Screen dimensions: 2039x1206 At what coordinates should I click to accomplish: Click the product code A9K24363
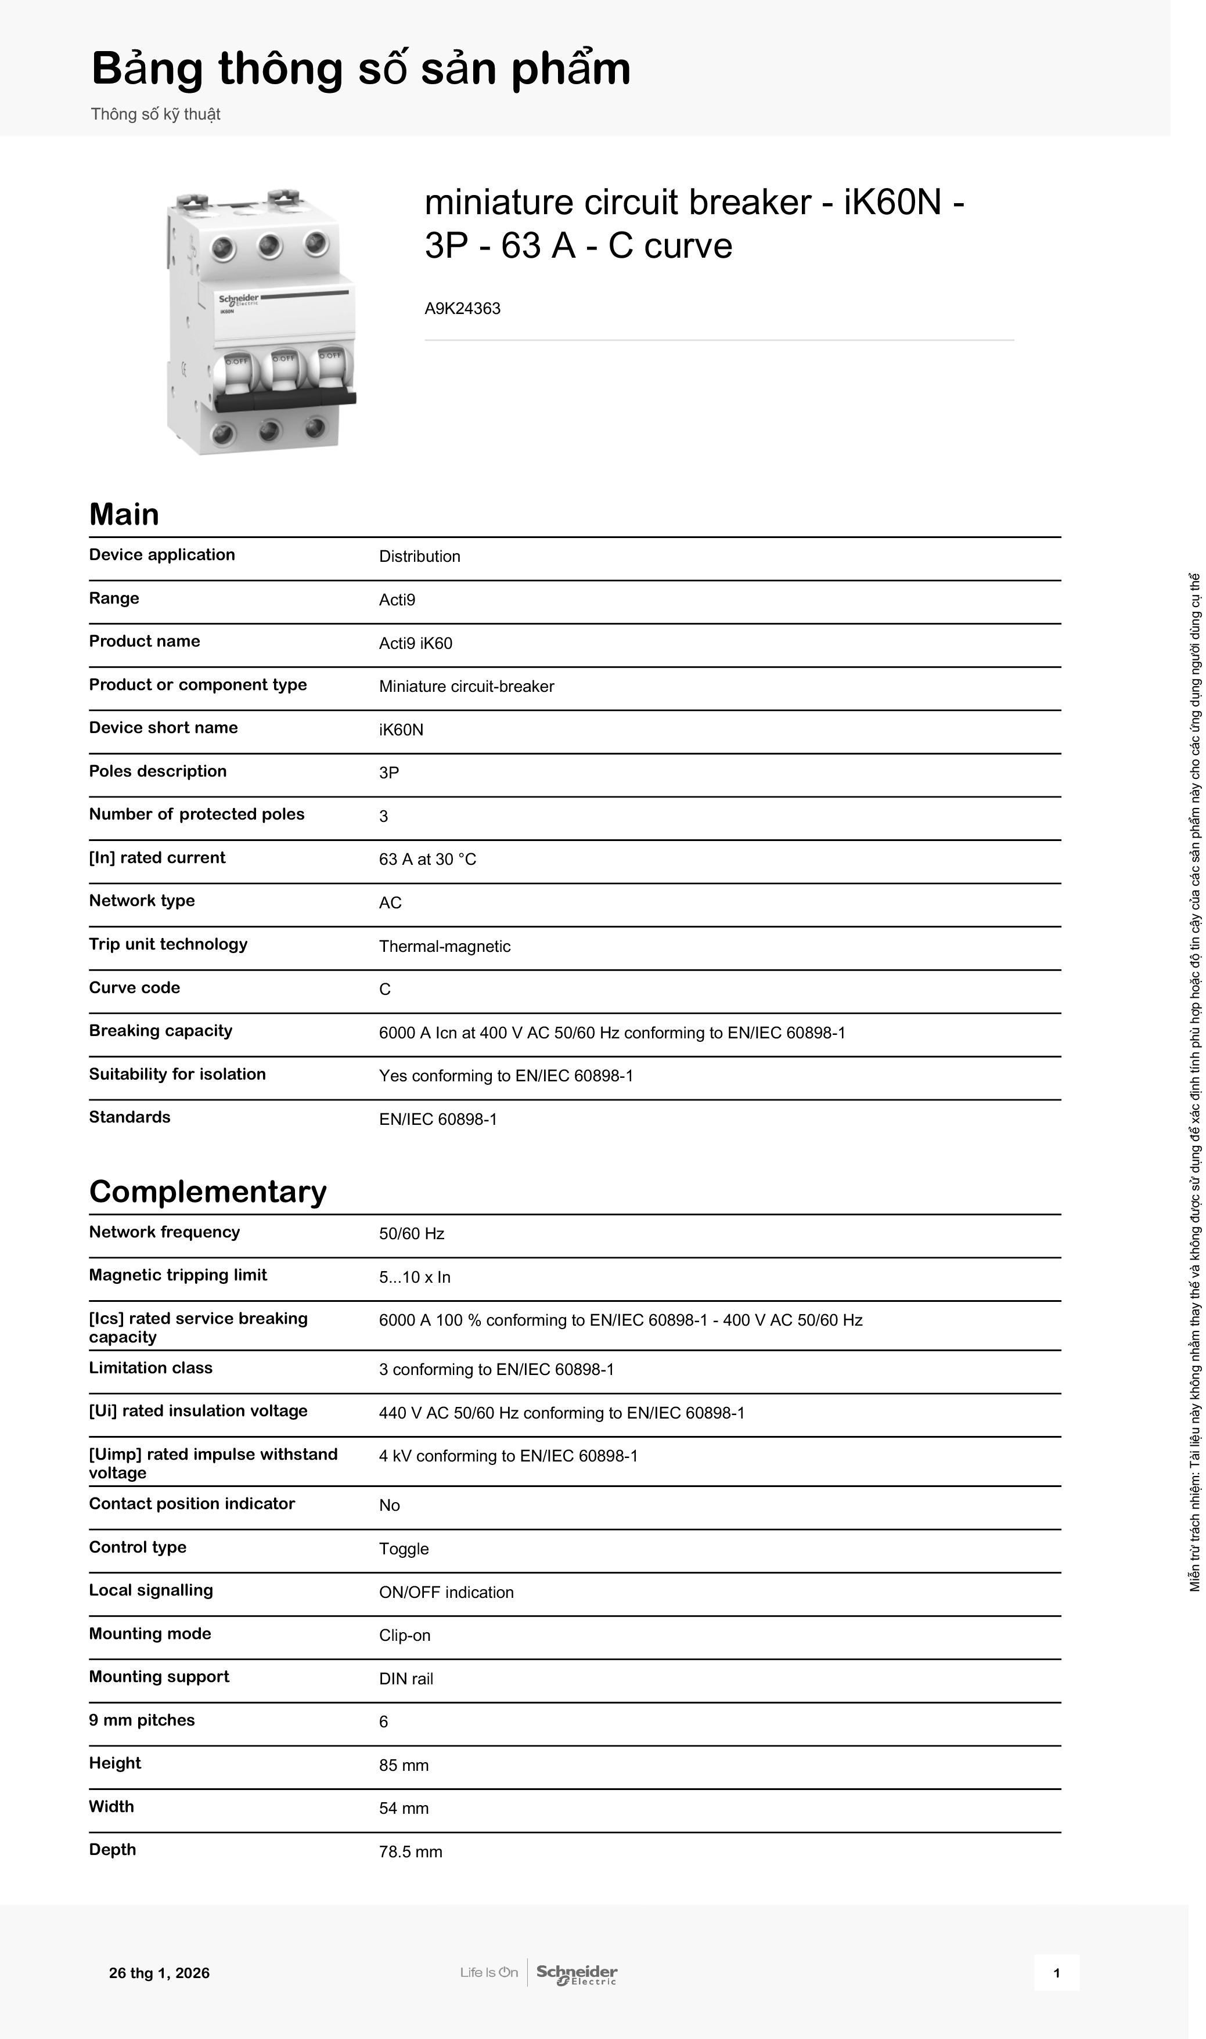click(x=462, y=309)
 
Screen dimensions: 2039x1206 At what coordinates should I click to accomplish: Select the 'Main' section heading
click(x=124, y=514)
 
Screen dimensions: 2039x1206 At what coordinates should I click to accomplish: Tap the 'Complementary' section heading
click(x=207, y=1192)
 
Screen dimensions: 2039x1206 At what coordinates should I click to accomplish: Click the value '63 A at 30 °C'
click(x=427, y=860)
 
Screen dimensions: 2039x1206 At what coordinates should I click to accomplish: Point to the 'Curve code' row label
click(x=134, y=988)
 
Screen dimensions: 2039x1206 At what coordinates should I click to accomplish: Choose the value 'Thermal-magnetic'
click(x=445, y=947)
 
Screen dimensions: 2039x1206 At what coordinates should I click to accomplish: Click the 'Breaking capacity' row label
click(x=160, y=1031)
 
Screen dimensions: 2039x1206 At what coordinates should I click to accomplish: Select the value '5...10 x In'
click(x=415, y=1277)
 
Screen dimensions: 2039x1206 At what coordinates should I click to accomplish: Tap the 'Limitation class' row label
click(x=150, y=1368)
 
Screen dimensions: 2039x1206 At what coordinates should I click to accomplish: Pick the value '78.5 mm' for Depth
click(x=411, y=1852)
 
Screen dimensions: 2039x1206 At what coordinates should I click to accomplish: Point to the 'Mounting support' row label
click(x=159, y=1677)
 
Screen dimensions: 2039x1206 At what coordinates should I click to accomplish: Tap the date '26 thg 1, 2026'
click(x=159, y=1973)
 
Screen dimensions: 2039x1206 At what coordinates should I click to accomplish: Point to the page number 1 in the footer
click(x=1056, y=1973)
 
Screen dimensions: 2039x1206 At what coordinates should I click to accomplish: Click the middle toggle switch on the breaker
click(x=283, y=374)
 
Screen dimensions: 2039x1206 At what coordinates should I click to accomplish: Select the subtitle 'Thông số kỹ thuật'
click(x=155, y=114)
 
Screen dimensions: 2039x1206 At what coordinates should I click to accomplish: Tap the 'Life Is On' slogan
click(x=488, y=1972)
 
